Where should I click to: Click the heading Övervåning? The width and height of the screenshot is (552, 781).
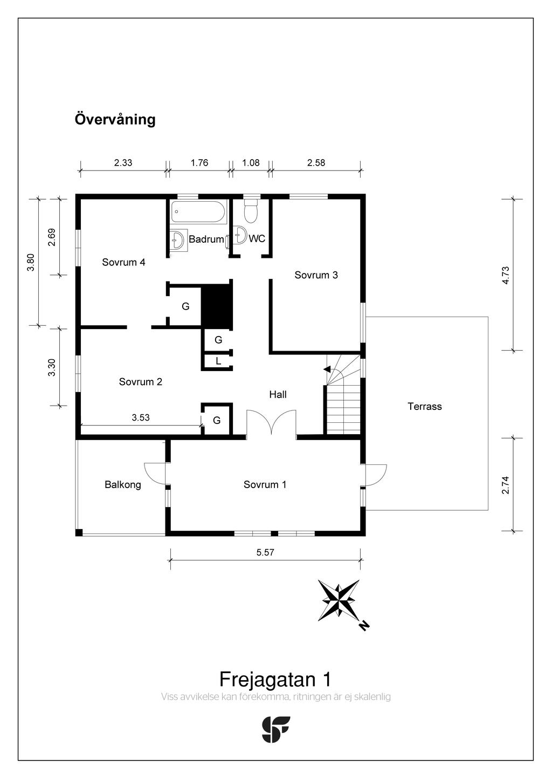[115, 119]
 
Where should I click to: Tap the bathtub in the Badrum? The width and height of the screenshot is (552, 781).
[198, 213]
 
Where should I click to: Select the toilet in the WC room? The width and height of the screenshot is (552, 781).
[251, 212]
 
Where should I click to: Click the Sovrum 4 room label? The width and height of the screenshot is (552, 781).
[123, 263]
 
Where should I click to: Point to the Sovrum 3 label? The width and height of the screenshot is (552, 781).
[316, 275]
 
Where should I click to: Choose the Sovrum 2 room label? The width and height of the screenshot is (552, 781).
[140, 382]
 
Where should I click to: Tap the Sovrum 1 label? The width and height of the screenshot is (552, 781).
[265, 484]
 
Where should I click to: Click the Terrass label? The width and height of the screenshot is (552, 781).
[424, 407]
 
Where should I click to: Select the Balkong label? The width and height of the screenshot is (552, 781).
[123, 484]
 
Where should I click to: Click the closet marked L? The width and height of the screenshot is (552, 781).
[218, 361]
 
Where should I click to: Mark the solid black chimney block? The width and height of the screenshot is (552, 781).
[216, 305]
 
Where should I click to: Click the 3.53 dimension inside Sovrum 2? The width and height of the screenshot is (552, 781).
[141, 417]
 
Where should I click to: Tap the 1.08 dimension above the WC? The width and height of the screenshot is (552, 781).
[251, 163]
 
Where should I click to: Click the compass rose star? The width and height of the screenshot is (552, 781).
[339, 600]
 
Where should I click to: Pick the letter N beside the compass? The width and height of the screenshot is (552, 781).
[364, 626]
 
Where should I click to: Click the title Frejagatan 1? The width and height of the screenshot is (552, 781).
[275, 679]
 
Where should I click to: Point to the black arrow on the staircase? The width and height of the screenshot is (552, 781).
[327, 369]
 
